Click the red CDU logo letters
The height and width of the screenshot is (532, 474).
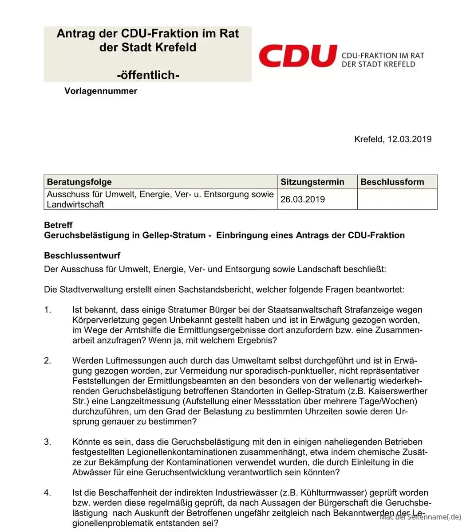[x=297, y=56]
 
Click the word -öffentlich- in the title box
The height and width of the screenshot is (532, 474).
[x=148, y=75]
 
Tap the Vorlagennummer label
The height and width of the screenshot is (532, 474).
[x=101, y=91]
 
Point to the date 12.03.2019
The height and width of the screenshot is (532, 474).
[x=409, y=139]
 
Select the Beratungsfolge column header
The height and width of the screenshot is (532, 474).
[x=79, y=182]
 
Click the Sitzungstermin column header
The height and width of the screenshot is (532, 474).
[x=312, y=182]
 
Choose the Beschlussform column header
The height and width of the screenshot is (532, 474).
[x=392, y=182]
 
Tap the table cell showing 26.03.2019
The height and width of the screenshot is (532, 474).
[x=303, y=199]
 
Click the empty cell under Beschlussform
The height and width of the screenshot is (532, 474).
[x=397, y=199]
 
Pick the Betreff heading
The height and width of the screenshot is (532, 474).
[x=58, y=225]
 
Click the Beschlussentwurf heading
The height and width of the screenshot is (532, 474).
[x=82, y=255]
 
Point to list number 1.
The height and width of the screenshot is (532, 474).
[x=47, y=310]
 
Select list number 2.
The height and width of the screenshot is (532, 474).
[x=47, y=361]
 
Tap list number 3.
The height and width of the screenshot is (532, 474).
[x=47, y=442]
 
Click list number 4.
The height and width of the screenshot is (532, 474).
[x=47, y=493]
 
